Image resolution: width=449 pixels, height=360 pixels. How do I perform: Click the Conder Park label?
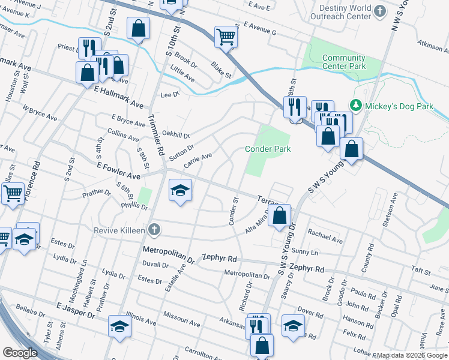click(x=268, y=149)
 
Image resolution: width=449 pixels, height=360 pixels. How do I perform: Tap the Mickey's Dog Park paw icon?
click(x=355, y=106)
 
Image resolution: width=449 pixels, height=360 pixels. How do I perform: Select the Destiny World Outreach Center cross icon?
click(x=379, y=11)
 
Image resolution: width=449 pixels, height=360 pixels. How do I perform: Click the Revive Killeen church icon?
click(x=154, y=230)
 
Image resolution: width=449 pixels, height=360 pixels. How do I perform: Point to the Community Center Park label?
click(x=344, y=62)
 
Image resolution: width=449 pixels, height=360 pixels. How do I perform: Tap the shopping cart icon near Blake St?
click(x=226, y=36)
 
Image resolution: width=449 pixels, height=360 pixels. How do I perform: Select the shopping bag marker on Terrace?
click(x=280, y=215)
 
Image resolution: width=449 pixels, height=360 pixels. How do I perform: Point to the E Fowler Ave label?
click(x=118, y=170)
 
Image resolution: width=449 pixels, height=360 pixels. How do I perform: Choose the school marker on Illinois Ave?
click(x=119, y=327)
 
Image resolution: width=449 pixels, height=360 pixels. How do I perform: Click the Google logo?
click(x=20, y=353)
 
